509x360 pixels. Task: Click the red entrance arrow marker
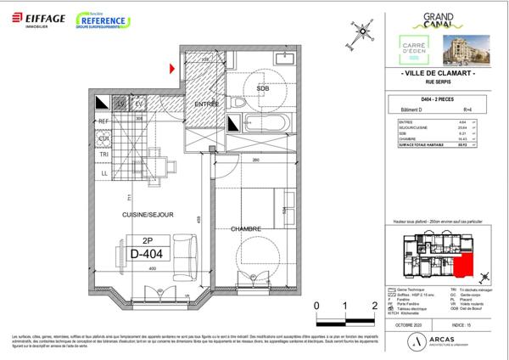[x=173, y=68]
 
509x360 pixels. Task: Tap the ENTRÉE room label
[x=207, y=104]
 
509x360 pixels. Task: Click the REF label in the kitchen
[x=103, y=122]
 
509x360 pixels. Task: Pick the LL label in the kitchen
[x=103, y=172]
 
